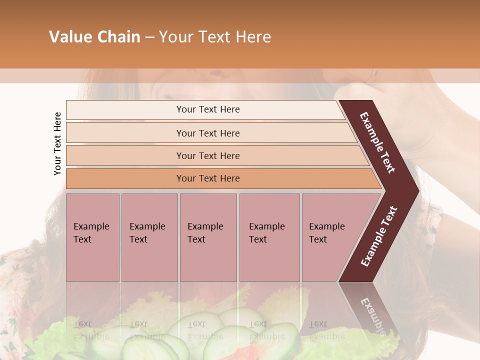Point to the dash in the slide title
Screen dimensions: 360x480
[x=149, y=37]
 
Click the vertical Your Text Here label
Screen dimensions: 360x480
[x=57, y=143]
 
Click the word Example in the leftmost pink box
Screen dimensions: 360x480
[x=91, y=226]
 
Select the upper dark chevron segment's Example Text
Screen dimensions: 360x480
[x=377, y=142]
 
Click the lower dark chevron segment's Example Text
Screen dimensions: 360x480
[x=379, y=236]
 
